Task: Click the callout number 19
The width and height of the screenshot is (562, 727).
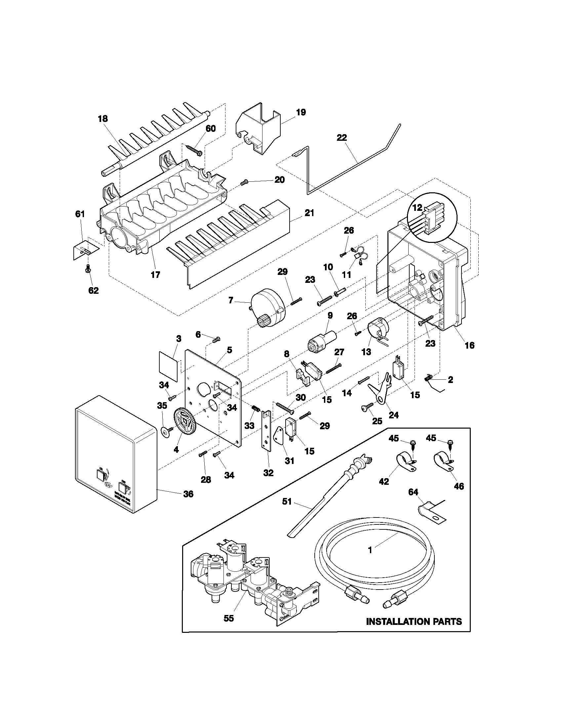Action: coord(301,112)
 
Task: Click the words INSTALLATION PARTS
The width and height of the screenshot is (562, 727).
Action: coord(414,622)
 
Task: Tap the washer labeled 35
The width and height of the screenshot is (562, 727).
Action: coord(164,431)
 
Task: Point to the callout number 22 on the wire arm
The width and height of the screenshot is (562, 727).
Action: coord(342,137)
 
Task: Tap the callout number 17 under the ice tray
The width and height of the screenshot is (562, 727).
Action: coord(155,275)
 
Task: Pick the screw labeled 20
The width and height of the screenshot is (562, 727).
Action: coord(244,182)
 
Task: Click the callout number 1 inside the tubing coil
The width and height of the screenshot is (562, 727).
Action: coord(370,550)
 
